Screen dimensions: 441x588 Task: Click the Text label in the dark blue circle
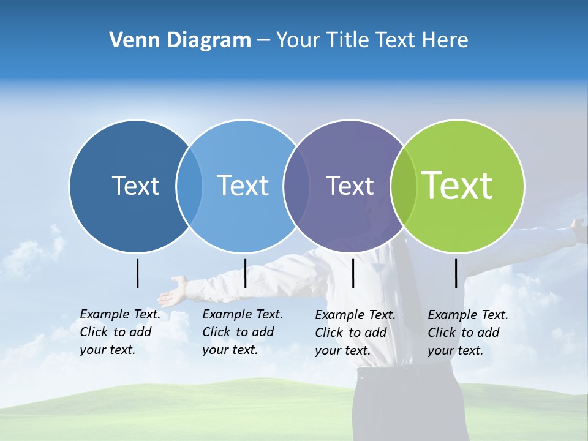pos(135,186)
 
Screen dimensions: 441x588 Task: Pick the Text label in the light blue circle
pos(243,186)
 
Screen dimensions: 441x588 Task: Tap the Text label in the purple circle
pos(350,186)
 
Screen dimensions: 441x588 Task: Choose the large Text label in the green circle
pos(458,185)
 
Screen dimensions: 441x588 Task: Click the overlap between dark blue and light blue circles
pos(189,186)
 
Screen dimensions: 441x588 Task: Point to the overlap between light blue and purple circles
pos(296,186)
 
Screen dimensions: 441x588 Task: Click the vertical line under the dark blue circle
pos(138,273)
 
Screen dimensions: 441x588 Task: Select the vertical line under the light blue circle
pos(245,273)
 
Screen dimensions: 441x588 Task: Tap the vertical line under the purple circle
pos(353,273)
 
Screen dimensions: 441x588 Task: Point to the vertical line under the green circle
pos(456,273)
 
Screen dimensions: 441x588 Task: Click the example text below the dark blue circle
pos(119,332)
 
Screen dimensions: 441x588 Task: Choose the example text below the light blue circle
pos(242,332)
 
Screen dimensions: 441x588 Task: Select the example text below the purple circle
pos(355,333)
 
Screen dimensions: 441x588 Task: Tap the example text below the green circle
pos(467,333)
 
